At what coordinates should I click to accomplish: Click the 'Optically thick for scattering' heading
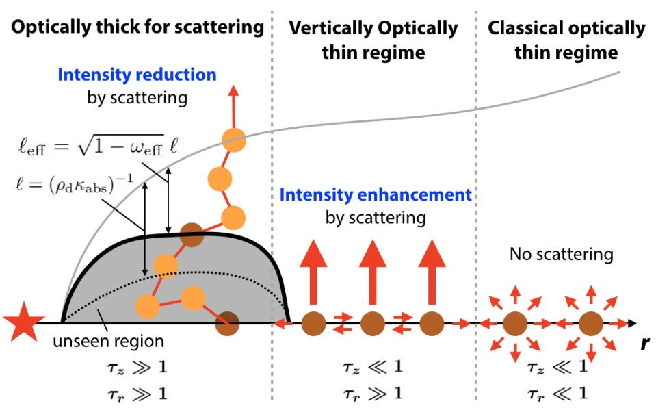tap(137, 27)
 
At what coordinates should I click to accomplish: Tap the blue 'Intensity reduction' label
tap(137, 75)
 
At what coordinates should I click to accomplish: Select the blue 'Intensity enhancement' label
tap(376, 195)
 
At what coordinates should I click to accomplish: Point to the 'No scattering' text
tap(562, 254)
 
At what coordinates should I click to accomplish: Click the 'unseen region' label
tap(108, 342)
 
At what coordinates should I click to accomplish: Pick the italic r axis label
tap(644, 344)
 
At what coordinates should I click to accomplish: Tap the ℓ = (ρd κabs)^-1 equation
tap(74, 185)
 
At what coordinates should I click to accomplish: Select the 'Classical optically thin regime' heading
tap(566, 40)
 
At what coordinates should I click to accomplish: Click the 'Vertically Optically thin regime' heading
tap(373, 40)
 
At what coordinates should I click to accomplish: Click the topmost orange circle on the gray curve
tap(234, 140)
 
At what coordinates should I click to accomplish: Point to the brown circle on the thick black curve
tap(192, 235)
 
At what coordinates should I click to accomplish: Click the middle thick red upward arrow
tap(373, 272)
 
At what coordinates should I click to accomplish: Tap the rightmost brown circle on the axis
tap(591, 324)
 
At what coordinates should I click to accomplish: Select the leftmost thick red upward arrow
tap(313, 272)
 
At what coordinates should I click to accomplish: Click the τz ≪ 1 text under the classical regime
tap(557, 367)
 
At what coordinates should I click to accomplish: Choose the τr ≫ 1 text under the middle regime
tap(373, 394)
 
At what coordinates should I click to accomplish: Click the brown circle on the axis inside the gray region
tap(227, 324)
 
